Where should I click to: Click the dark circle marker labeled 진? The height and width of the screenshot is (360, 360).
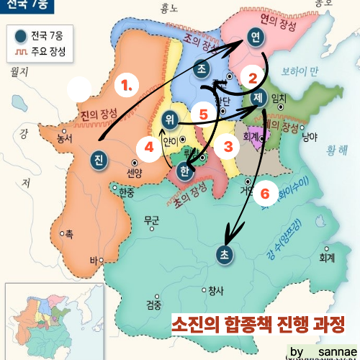click(x=99, y=159)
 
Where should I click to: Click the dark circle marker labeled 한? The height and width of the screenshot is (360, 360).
click(x=184, y=171)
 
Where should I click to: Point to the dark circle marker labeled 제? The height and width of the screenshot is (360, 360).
click(x=259, y=96)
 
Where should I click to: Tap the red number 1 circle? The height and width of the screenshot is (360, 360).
click(x=127, y=84)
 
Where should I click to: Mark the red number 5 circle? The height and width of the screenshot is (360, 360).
click(x=203, y=113)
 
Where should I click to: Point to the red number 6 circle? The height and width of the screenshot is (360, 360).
click(x=264, y=193)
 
